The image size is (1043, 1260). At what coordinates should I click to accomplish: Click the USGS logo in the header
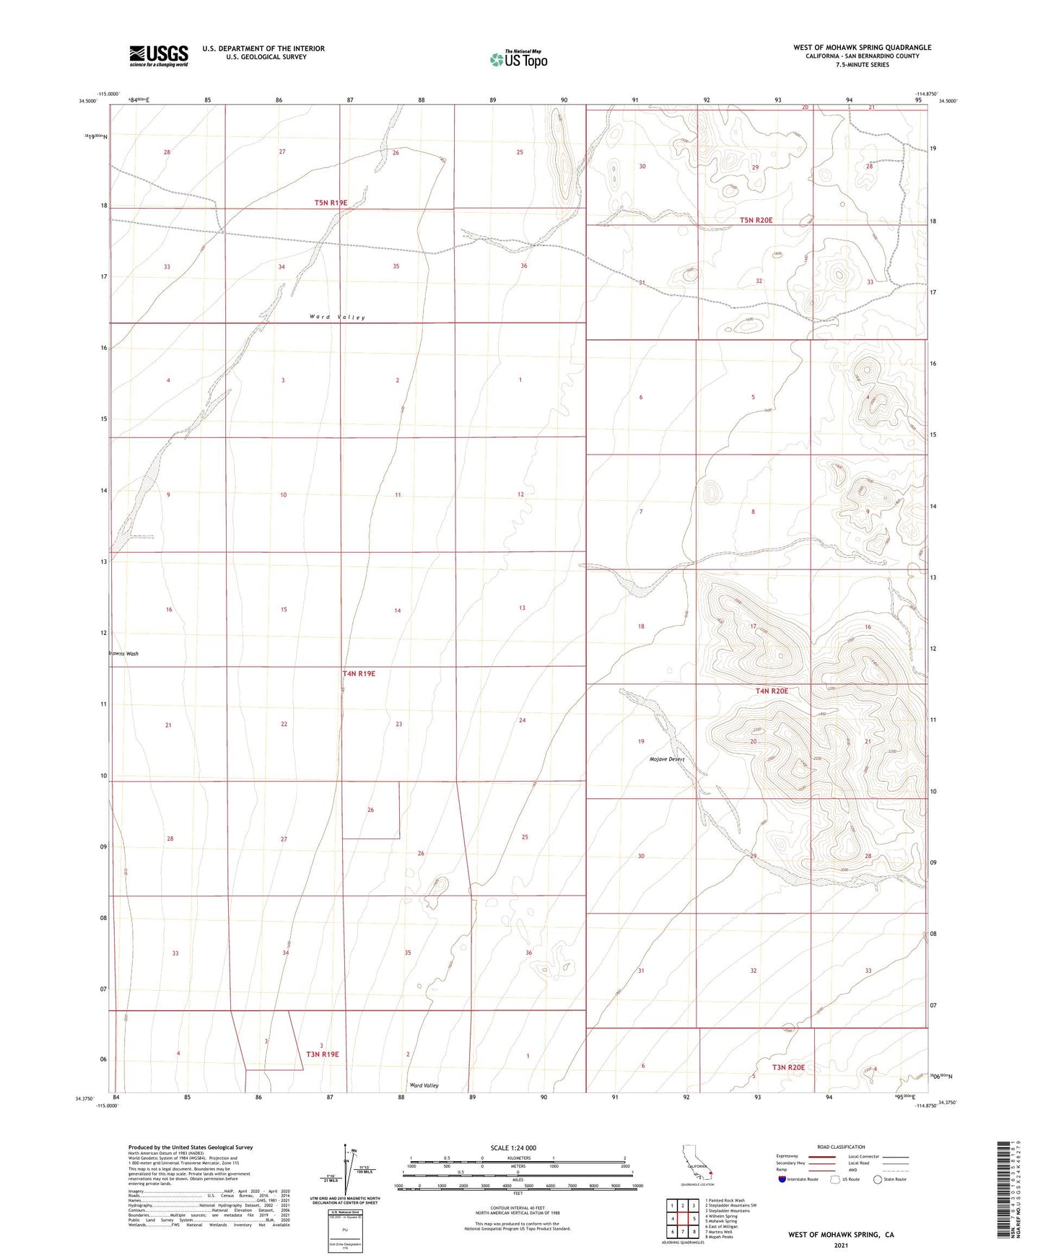(x=159, y=56)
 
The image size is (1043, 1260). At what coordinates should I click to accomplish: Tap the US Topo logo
(x=518, y=59)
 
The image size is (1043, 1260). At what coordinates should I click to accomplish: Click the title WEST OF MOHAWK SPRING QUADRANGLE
(x=862, y=48)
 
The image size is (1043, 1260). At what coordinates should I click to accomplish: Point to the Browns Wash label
(x=123, y=654)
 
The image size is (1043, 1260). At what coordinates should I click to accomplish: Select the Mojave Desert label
(x=666, y=759)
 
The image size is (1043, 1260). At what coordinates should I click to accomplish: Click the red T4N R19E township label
(x=359, y=673)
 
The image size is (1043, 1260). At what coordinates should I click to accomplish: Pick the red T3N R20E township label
(x=788, y=1067)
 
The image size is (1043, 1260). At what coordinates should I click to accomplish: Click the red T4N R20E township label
(x=772, y=691)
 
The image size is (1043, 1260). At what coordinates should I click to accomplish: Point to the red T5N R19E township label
(x=331, y=203)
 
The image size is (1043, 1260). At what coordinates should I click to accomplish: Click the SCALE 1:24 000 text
(x=513, y=1148)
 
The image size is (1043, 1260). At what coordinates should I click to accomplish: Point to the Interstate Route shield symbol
(x=782, y=1179)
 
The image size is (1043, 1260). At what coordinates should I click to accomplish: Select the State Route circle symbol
(x=878, y=1179)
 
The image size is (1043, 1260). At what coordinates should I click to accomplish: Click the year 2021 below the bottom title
(x=840, y=1246)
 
